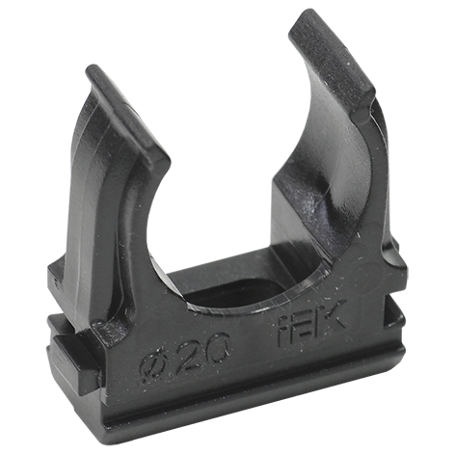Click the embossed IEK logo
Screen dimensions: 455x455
(311, 323)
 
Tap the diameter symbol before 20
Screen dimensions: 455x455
(152, 367)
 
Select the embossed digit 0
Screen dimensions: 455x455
(218, 344)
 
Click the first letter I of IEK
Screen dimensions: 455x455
(283, 332)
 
